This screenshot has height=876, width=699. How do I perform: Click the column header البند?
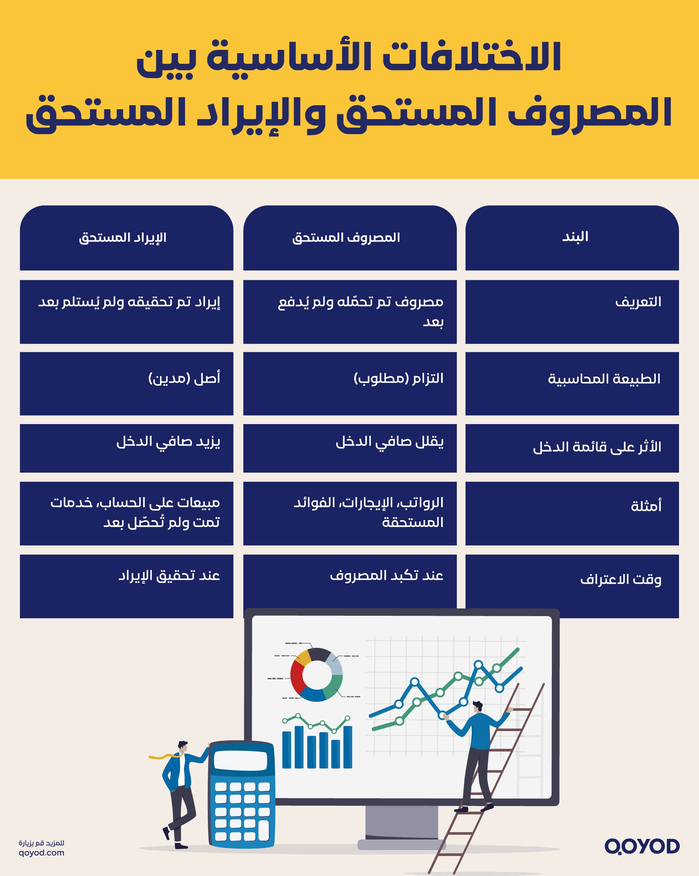coord(575,237)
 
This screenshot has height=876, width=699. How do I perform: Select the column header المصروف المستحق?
coord(346,238)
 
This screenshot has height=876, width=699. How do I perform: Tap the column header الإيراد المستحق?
coord(123,238)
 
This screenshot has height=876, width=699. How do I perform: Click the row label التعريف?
coord(638,302)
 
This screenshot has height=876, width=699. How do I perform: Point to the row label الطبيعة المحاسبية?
coord(604,379)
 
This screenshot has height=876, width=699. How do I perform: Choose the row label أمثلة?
coord(646,506)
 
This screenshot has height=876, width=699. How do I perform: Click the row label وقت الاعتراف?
coord(620,579)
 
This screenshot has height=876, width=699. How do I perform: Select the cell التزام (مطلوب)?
coord(398,378)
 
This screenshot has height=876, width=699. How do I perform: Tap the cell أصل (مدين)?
coord(184,378)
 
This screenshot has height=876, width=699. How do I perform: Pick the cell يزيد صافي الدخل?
coord(168,442)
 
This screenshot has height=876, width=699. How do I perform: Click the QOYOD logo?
coord(641,846)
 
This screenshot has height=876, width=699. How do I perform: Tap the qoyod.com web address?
coord(41,852)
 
